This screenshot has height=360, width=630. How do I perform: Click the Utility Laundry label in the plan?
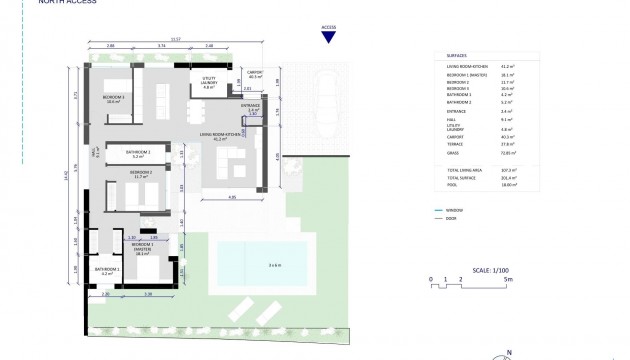tap(209, 85)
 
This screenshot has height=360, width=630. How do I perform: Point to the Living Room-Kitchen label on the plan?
tap(220, 135)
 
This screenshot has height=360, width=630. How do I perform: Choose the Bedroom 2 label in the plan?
tap(140, 174)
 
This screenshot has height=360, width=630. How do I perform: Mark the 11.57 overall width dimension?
tap(176, 40)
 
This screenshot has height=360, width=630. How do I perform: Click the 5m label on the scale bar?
tap(508, 279)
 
